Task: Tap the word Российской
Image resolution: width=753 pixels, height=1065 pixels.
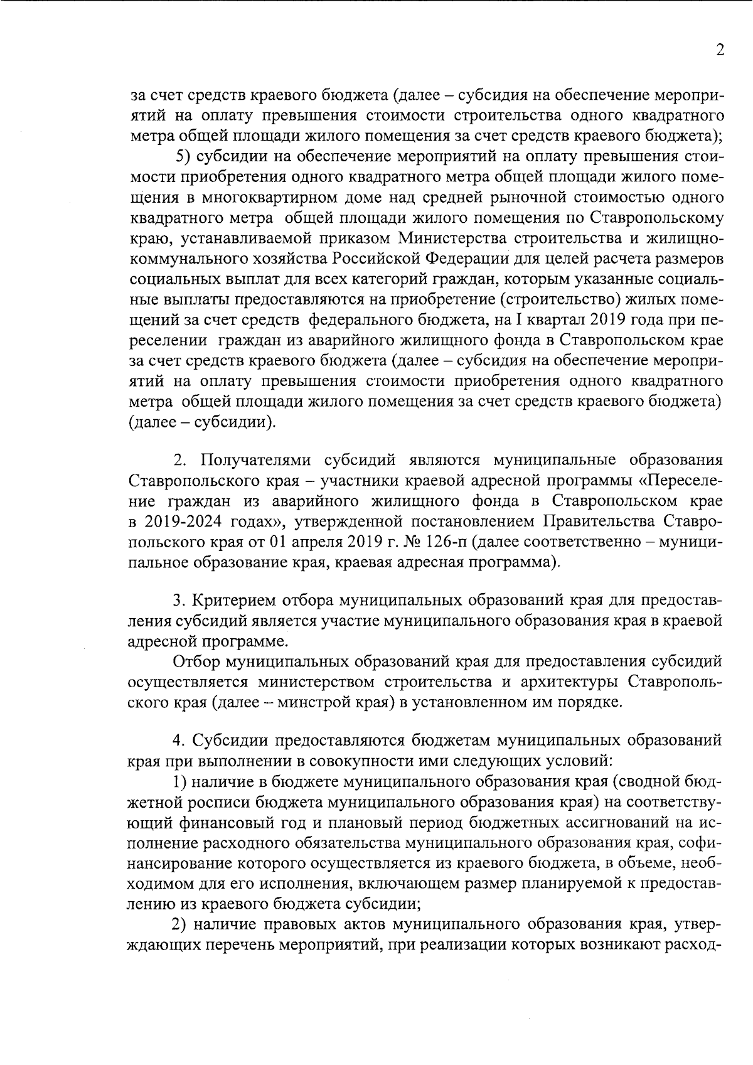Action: tap(376, 259)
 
